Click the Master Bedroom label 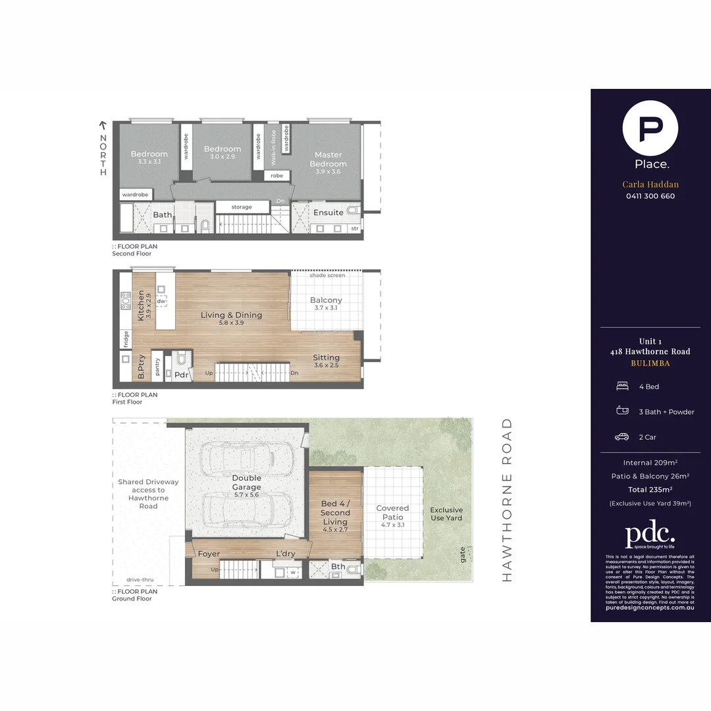click(328, 159)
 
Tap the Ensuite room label click(328, 213)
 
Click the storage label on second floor click(242, 207)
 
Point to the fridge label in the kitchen click(125, 338)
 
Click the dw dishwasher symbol click(161, 301)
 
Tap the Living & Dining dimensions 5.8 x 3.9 click(231, 323)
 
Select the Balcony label click(326, 300)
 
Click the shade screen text click(327, 275)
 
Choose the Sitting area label click(326, 357)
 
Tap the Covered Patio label click(392, 512)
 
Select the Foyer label click(209, 554)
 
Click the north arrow click(103, 124)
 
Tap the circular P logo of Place click(651, 128)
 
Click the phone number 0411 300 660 click(650, 196)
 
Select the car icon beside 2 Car click(621, 437)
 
